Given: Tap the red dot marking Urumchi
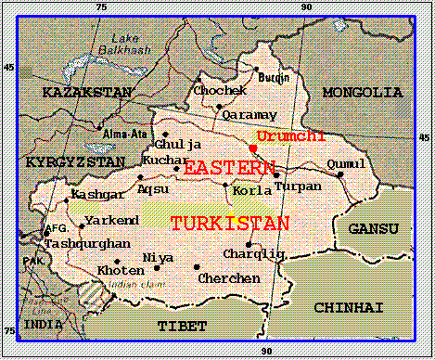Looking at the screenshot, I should pos(253,148).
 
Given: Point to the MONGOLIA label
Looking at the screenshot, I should pos(362,93).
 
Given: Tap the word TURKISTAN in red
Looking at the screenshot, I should pos(229,224).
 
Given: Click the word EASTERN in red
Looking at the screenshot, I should pos(229,168).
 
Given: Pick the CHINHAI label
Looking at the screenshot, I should pos(348,307).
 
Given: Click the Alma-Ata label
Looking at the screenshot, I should pos(103,134).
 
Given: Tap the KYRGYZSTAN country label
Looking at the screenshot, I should pos(74,161).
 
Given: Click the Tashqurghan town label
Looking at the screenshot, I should pos(76,242).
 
